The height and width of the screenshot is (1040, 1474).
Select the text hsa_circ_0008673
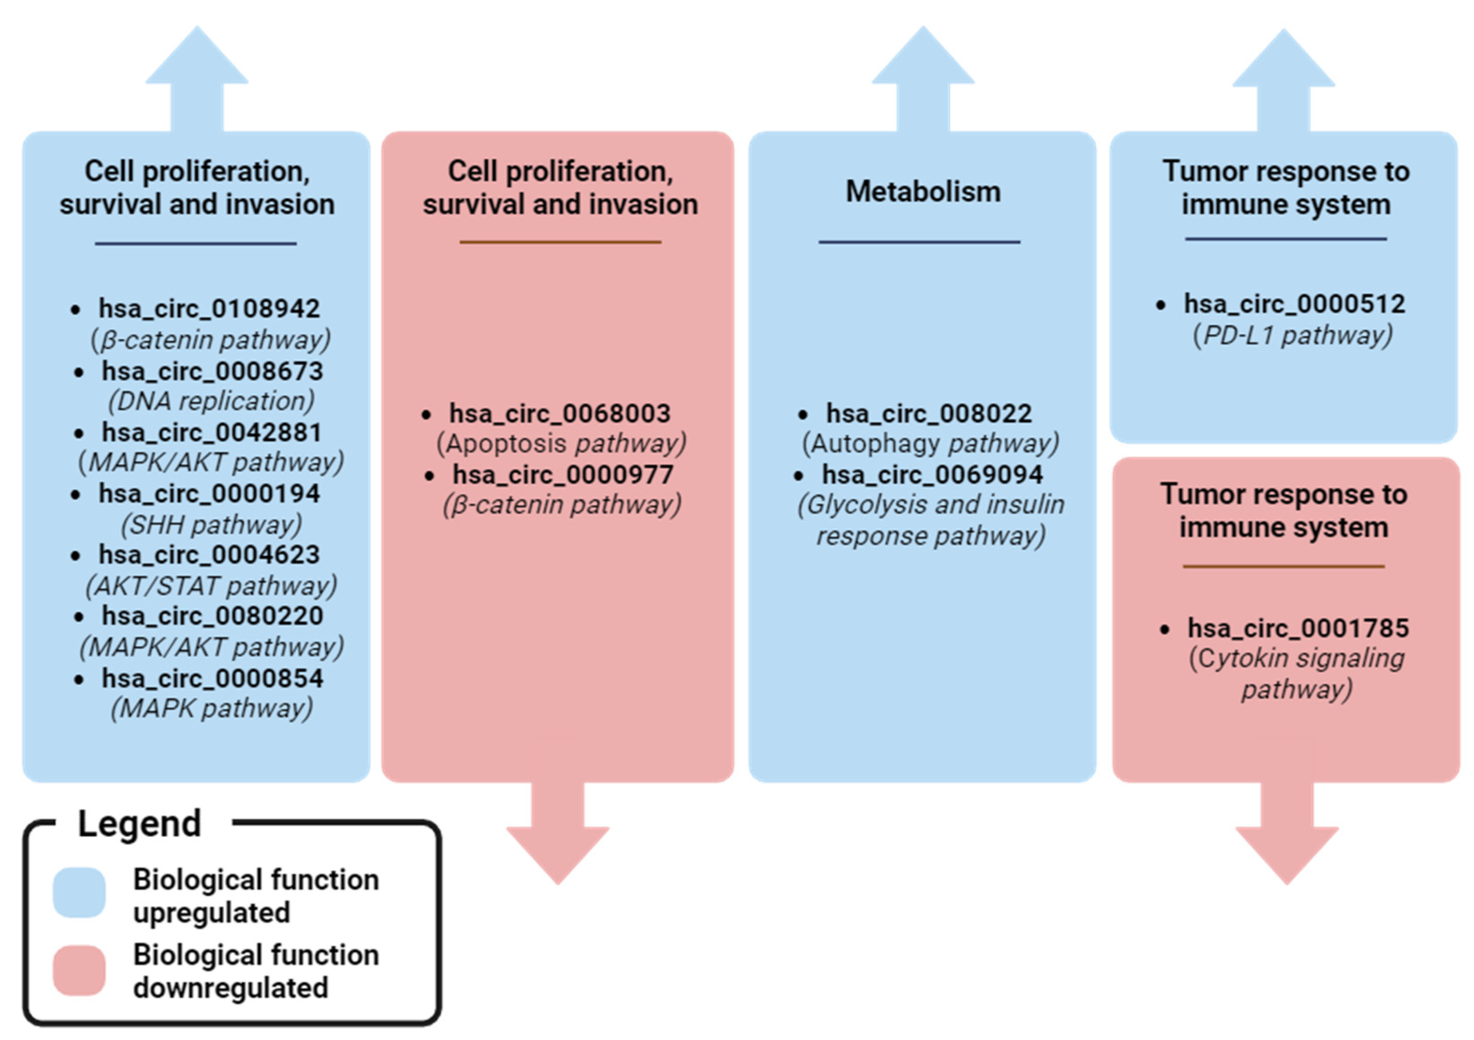tap(213, 371)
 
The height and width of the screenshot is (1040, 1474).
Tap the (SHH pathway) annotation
tap(211, 525)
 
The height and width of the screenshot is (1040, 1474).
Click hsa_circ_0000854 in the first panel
tap(213, 678)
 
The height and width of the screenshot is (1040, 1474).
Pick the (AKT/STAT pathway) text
tap(211, 586)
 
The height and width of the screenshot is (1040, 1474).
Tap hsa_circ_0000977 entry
tap(563, 475)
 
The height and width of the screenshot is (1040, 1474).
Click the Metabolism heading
tap(922, 192)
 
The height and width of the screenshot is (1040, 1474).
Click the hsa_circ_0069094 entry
tap(932, 475)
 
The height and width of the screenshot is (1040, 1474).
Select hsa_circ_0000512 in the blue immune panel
tap(1294, 305)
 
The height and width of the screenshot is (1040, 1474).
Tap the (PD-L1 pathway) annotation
tap(1293, 335)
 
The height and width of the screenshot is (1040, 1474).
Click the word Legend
tap(139, 824)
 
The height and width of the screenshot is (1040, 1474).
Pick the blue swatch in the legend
tap(79, 893)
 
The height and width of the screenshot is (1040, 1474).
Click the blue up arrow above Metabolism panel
tap(922, 77)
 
